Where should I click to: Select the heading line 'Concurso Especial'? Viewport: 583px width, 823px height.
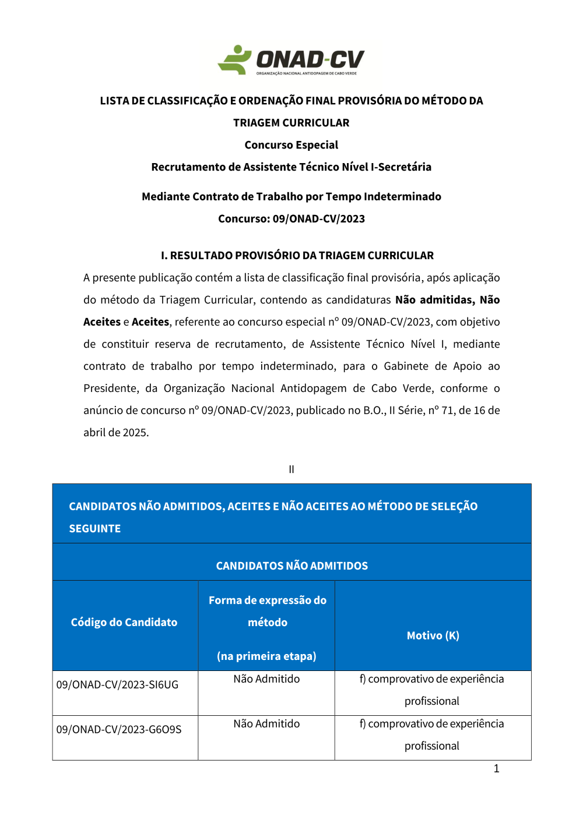pos(291,145)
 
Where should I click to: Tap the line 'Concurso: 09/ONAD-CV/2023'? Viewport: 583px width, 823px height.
pos(291,219)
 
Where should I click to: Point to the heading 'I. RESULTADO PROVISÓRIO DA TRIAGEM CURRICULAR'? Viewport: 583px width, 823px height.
pos(297,256)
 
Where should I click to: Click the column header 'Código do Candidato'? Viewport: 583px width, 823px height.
pos(124,622)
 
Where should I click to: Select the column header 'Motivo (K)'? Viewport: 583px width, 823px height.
pos(433,635)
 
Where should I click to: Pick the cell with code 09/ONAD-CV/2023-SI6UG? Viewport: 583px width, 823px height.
pos(117,685)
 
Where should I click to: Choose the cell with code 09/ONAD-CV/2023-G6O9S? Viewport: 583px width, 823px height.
pos(119,730)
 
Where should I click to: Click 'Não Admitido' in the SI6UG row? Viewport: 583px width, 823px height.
pos(266,679)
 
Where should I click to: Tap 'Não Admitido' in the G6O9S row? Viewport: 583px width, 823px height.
pos(266,724)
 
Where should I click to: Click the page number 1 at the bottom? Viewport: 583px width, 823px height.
pos(496,769)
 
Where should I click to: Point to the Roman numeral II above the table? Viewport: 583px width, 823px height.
pos(291,469)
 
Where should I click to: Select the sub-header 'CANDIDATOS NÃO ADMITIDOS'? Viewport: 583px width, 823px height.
pos(291,566)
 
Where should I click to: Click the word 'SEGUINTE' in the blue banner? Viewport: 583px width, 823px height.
pos(95,529)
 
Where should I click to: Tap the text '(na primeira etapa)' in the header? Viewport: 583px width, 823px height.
pos(266,656)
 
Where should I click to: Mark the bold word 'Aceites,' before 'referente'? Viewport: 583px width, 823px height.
pos(150,322)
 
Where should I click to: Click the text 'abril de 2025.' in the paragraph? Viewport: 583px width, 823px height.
pos(116,433)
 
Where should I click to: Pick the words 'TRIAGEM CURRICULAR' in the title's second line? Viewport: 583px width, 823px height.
pos(291,123)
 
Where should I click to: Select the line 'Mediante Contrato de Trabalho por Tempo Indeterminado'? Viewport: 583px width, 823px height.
pos(291,197)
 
